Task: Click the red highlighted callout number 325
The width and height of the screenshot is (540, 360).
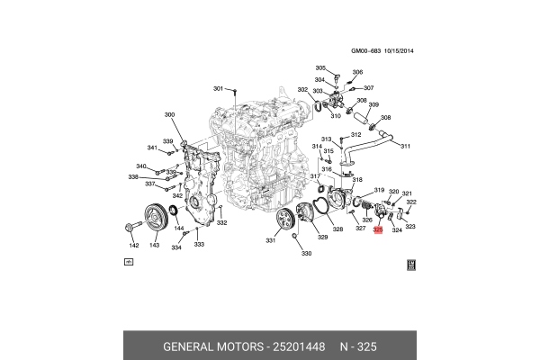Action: (x=378, y=230)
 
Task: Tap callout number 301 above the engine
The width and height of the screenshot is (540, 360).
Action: (x=217, y=88)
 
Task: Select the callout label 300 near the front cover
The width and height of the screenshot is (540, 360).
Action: (x=169, y=115)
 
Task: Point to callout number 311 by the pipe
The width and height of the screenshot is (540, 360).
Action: (x=405, y=146)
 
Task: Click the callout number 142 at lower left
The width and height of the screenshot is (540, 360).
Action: (x=133, y=245)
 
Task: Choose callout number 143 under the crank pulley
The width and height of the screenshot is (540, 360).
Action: (x=155, y=245)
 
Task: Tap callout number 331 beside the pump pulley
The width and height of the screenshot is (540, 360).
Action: (x=270, y=240)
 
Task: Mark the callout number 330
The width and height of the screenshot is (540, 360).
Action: (x=305, y=254)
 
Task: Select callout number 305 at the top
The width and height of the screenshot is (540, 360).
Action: (x=319, y=68)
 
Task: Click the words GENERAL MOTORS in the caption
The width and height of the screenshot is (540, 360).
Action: (x=211, y=346)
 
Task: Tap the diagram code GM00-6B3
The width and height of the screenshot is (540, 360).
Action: (x=366, y=51)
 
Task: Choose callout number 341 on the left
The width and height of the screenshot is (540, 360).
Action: (x=152, y=148)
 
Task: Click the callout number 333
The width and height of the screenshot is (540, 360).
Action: (x=199, y=245)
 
